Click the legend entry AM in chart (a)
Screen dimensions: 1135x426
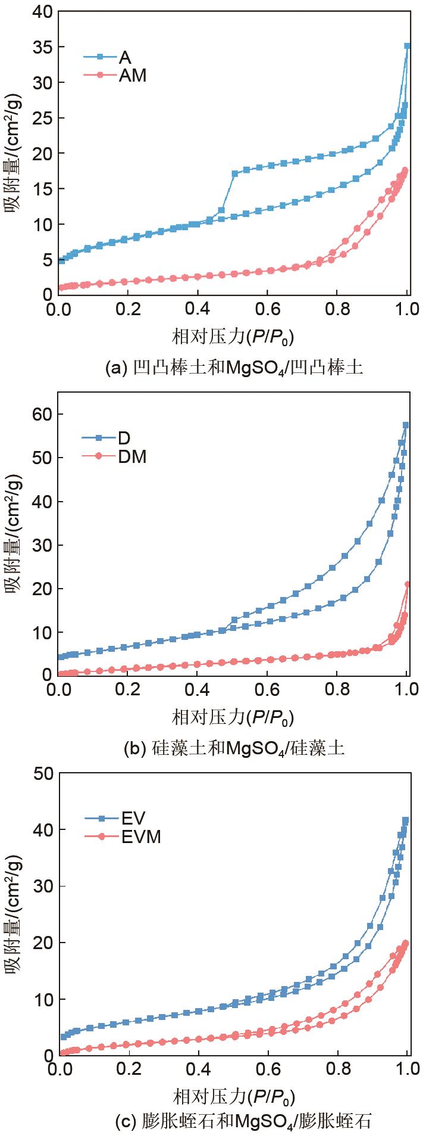[132, 76]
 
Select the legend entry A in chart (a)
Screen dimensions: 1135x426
[125, 57]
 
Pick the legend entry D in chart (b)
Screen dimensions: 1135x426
[124, 439]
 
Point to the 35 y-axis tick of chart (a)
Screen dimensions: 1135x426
[40, 47]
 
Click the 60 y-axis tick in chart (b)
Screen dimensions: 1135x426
[40, 414]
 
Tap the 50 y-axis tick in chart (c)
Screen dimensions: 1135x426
[40, 773]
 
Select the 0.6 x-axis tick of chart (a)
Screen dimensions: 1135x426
[267, 310]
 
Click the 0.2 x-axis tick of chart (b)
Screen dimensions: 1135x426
[128, 691]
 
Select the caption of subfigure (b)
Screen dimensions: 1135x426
[233, 748]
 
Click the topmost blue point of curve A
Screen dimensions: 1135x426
[407, 46]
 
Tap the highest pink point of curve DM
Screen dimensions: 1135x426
[408, 584]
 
